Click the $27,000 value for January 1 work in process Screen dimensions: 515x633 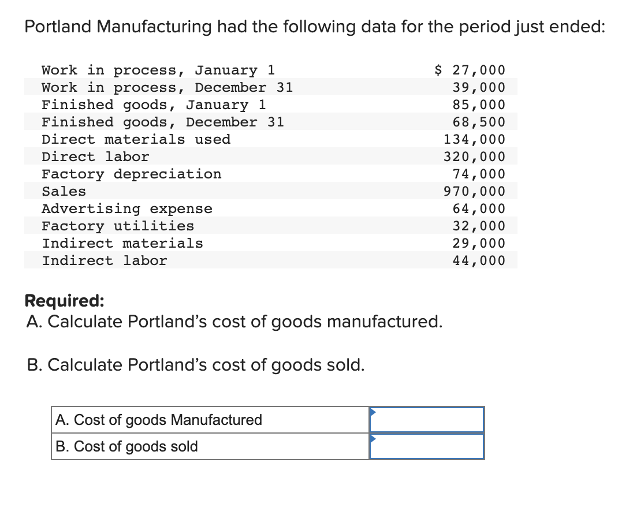tap(470, 70)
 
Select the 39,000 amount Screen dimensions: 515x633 tap(479, 87)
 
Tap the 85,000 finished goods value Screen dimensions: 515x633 tap(479, 105)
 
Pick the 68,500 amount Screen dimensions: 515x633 tap(479, 122)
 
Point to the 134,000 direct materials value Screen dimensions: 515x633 tap(474, 139)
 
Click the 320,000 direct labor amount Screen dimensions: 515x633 tap(474, 156)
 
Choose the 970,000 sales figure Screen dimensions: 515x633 tap(474, 191)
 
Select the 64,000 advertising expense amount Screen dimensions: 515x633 tap(479, 208)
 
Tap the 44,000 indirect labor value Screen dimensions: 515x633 tap(479, 260)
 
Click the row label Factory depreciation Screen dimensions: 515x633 tap(131, 174)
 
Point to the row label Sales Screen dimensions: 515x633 tap(64, 191)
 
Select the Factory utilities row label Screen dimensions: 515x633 tap(118, 226)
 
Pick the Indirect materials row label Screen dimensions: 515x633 tap(122, 243)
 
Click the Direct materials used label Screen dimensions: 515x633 tap(136, 139)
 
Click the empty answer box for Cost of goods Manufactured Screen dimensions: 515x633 tap(426, 420)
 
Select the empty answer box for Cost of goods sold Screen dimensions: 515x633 tap(426, 446)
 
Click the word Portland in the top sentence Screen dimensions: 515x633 tap(57, 27)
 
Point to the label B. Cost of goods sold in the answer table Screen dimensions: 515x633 tap(127, 446)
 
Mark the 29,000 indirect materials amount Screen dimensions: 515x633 tap(479, 243)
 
